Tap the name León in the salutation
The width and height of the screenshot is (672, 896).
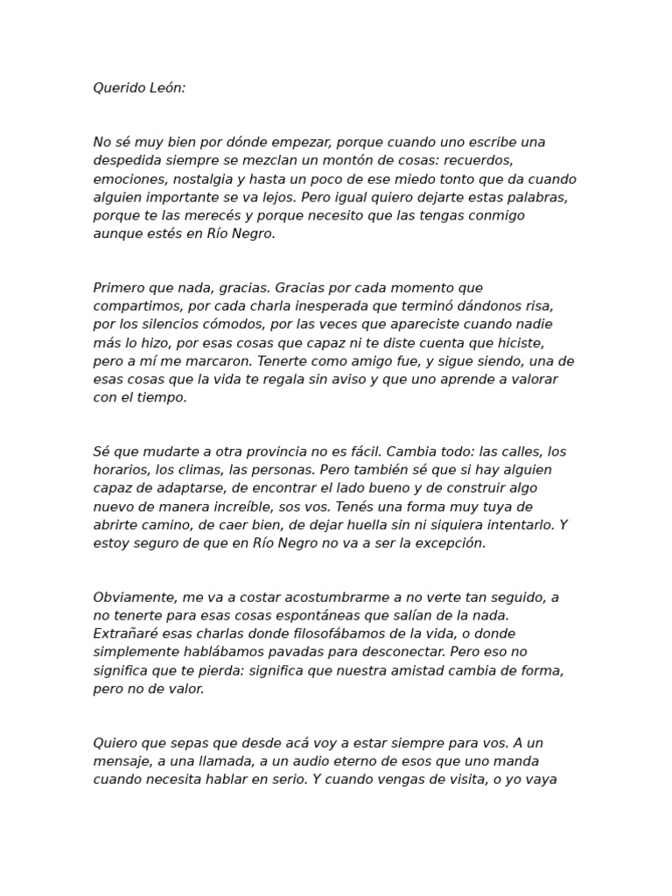(x=168, y=88)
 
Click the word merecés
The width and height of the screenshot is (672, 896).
(x=203, y=215)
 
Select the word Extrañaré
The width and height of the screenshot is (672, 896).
(x=126, y=633)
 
